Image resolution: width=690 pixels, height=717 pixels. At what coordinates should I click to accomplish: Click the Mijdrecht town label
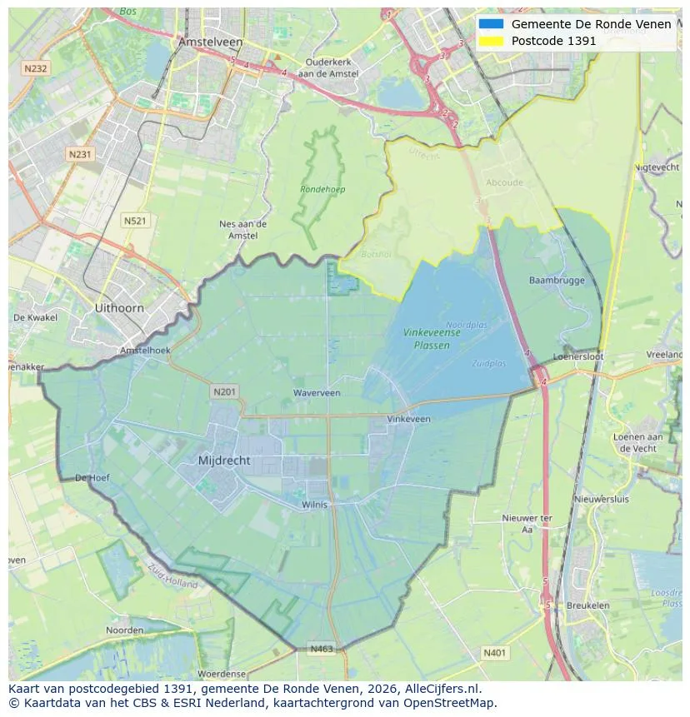[x=224, y=461]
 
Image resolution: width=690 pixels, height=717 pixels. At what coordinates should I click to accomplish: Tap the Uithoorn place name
[x=119, y=307]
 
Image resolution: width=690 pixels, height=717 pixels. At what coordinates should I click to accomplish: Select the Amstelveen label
[x=210, y=42]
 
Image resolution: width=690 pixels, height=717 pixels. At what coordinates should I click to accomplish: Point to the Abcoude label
[x=504, y=183]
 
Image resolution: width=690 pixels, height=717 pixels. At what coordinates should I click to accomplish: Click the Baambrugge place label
[x=557, y=281]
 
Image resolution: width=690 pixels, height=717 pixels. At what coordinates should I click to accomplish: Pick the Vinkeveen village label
[x=409, y=420]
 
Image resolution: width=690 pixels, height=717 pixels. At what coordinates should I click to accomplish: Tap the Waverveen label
[x=317, y=393]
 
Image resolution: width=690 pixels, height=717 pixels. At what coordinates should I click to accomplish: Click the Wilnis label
[x=315, y=505]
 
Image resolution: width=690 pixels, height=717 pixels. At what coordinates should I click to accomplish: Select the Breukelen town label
[x=587, y=605]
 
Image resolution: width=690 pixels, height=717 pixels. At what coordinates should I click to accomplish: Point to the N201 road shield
[x=224, y=391]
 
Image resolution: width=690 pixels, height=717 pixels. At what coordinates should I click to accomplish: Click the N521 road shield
[x=134, y=220]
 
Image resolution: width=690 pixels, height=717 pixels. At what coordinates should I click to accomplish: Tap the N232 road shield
[x=36, y=69]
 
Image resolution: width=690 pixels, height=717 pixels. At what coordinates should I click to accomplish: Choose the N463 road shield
[x=322, y=648]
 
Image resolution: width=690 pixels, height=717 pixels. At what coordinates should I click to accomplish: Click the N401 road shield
[x=494, y=653]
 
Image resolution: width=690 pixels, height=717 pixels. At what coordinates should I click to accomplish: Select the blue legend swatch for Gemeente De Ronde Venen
[x=491, y=24]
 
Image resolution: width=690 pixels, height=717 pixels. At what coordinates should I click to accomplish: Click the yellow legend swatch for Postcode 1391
[x=491, y=41]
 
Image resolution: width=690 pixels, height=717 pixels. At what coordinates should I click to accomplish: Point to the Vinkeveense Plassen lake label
[x=432, y=338]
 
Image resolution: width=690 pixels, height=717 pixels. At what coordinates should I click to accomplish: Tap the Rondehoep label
[x=322, y=190]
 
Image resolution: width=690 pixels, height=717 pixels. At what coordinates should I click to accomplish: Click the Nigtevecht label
[x=657, y=167]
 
